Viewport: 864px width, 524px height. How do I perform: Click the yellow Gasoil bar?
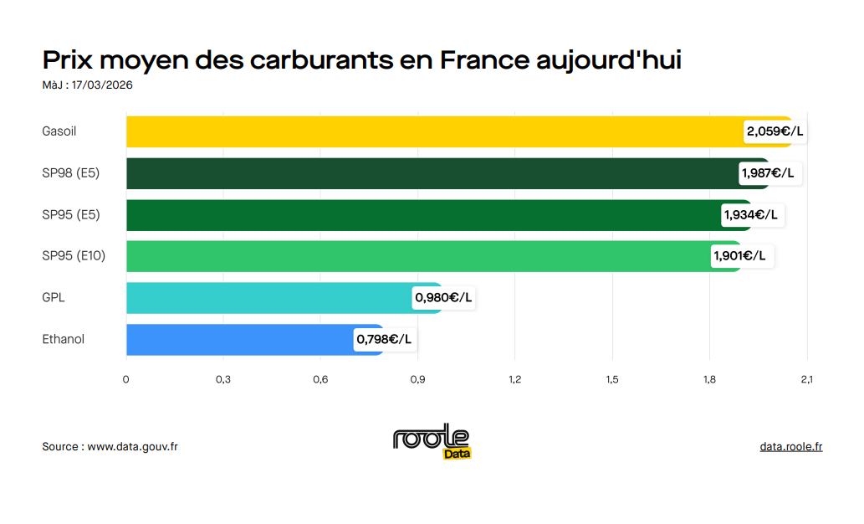pyautogui.click(x=435, y=131)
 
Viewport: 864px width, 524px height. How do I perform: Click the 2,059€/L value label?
pyautogui.click(x=775, y=131)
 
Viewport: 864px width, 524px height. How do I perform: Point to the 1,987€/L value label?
pyautogui.click(x=767, y=173)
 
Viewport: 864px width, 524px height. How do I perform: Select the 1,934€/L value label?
pyautogui.click(x=750, y=215)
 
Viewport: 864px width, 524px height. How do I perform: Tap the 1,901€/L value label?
pyautogui.click(x=739, y=256)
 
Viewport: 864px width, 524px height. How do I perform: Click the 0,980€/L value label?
pyautogui.click(x=443, y=298)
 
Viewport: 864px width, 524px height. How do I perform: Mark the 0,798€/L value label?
pyautogui.click(x=384, y=340)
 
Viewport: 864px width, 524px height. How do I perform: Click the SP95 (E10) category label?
pyautogui.click(x=74, y=256)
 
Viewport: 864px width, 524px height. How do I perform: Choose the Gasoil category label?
pyautogui.click(x=59, y=131)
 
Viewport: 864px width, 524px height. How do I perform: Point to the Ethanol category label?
pyautogui.click(x=64, y=340)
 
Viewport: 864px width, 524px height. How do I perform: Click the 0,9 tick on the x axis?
pyautogui.click(x=417, y=380)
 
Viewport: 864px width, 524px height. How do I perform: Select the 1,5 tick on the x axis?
pyautogui.click(x=612, y=380)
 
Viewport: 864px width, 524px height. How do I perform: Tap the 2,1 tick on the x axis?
pyautogui.click(x=806, y=380)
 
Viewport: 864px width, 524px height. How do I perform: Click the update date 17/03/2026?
pyautogui.click(x=102, y=85)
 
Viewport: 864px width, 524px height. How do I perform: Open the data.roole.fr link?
pyautogui.click(x=790, y=447)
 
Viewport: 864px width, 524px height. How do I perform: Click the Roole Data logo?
pyautogui.click(x=432, y=441)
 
